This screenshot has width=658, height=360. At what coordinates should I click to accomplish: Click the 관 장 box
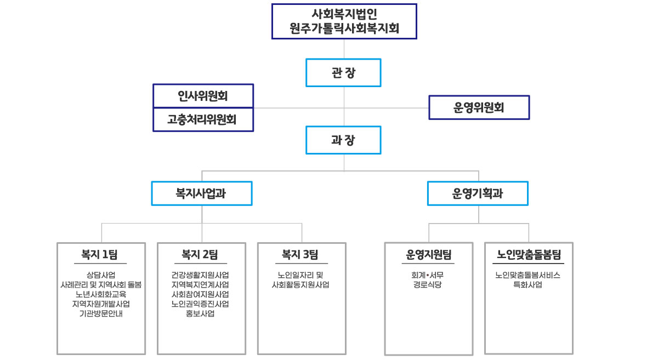343,73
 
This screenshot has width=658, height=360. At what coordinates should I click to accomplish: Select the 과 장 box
343,140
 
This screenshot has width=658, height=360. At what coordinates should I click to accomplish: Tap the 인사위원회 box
203,96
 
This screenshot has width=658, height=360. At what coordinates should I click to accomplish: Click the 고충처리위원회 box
203,119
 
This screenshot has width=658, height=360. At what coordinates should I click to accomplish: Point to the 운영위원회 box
479,107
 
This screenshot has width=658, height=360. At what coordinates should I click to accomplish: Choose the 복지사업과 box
202,193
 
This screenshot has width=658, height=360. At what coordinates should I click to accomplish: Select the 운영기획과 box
478,193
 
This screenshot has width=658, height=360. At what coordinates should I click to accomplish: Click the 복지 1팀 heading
99,254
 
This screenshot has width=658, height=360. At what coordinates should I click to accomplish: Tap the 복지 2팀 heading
200,254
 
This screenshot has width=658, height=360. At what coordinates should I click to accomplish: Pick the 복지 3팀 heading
300,254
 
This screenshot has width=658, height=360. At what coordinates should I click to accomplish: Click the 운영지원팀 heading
429,255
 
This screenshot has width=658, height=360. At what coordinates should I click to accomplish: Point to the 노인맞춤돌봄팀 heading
529,254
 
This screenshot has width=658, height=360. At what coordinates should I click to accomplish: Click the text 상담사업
101,275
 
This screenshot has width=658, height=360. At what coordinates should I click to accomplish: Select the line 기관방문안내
101,313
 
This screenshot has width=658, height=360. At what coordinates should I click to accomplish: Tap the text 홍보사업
200,313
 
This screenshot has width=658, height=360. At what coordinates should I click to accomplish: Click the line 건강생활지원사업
200,275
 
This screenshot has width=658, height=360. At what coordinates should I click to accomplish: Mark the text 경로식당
427,284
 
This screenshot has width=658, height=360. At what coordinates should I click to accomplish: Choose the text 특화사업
527,284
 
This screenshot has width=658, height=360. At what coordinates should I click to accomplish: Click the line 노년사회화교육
101,294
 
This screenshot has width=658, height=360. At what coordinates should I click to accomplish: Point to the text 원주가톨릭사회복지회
344,28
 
